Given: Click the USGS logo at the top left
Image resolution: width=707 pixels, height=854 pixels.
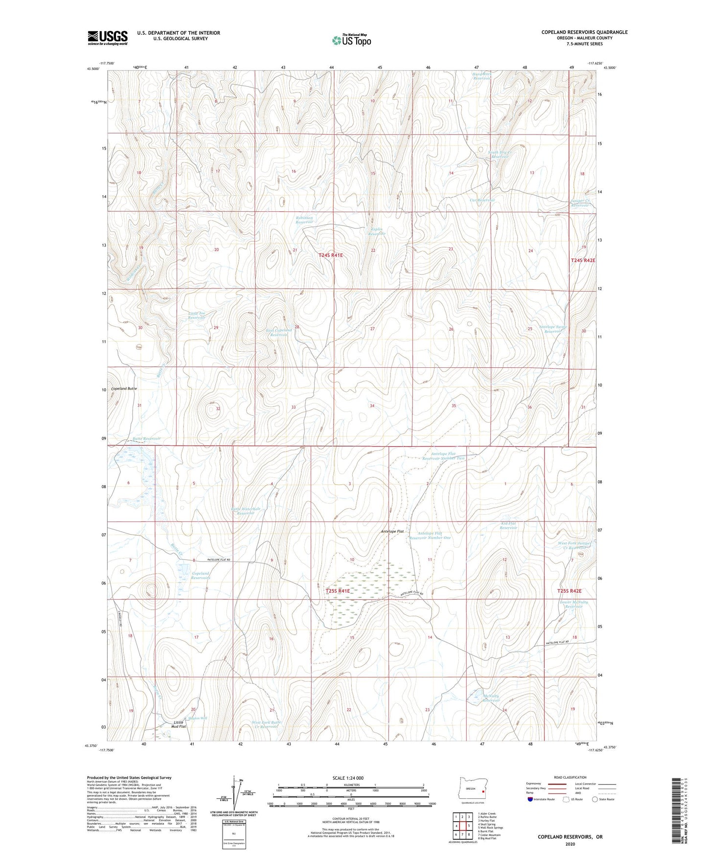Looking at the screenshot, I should tap(107, 38).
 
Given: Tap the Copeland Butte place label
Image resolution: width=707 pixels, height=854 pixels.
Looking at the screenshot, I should tap(124, 388).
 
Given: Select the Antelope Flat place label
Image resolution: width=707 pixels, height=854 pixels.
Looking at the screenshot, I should tap(392, 531).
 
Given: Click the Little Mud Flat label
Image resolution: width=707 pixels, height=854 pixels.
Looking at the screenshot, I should tap(179, 724).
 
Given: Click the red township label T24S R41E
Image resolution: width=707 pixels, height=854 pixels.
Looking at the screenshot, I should tap(331, 255).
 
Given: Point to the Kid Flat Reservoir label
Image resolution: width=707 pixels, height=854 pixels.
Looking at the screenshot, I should tap(508, 525).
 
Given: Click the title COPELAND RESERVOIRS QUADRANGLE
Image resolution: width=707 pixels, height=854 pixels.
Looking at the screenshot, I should tap(584, 32).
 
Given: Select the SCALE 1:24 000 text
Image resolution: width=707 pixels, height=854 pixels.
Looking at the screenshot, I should tap(348, 778).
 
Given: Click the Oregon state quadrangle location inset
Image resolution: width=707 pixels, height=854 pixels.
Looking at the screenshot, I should tap(470, 789).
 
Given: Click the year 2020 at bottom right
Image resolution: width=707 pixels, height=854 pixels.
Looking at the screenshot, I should tap(570, 844).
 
